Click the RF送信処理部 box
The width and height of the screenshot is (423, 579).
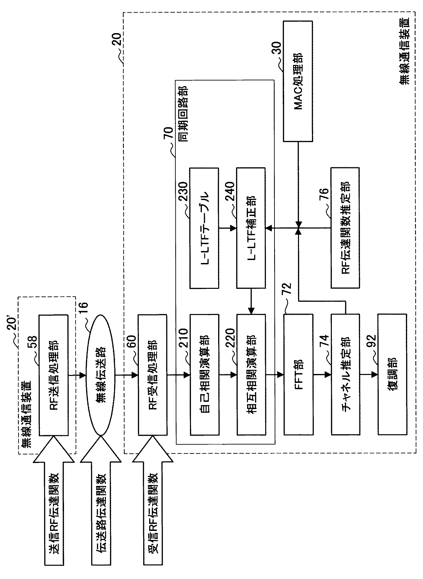[53, 375]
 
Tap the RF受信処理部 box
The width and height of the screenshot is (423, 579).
[152, 375]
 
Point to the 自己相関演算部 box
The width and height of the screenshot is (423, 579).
[204, 375]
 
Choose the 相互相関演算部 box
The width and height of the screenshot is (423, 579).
[251, 375]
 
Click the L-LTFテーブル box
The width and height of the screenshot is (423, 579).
[204, 228]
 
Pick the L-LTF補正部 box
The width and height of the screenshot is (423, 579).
[251, 228]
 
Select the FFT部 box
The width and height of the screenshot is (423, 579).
[298, 375]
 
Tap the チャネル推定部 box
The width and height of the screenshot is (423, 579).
[345, 375]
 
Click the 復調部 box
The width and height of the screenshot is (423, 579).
[392, 375]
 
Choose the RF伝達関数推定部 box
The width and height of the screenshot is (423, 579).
[345, 228]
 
